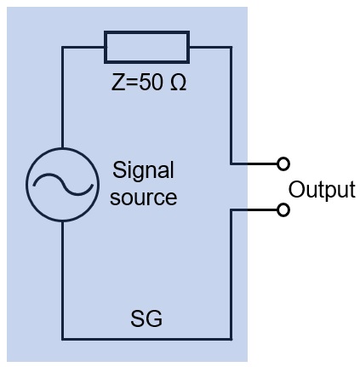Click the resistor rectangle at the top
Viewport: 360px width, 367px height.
pos(146,32)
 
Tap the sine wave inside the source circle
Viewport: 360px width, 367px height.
pos(63,185)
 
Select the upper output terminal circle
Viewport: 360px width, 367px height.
pos(283,163)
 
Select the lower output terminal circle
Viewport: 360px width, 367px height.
pos(283,210)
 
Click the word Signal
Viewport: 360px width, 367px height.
pos(143,170)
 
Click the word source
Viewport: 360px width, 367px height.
pos(143,198)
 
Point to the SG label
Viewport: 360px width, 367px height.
pos(146,318)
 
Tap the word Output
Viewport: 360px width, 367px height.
pos(322,190)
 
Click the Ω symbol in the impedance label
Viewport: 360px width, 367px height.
pos(179,83)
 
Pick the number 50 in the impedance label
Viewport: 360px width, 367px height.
pos(151,83)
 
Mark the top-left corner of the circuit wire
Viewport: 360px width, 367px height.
pos(62,47)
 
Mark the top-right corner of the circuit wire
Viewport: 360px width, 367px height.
pos(231,47)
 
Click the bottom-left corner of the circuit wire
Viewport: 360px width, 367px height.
pos(62,339)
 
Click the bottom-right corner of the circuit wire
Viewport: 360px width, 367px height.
pos(231,339)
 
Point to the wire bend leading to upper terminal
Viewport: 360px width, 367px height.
pos(231,163)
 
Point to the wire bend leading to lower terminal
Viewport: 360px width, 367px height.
pos(231,210)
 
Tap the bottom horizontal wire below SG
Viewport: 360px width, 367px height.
pos(147,339)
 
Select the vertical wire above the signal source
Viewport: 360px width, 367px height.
pos(62,97)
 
